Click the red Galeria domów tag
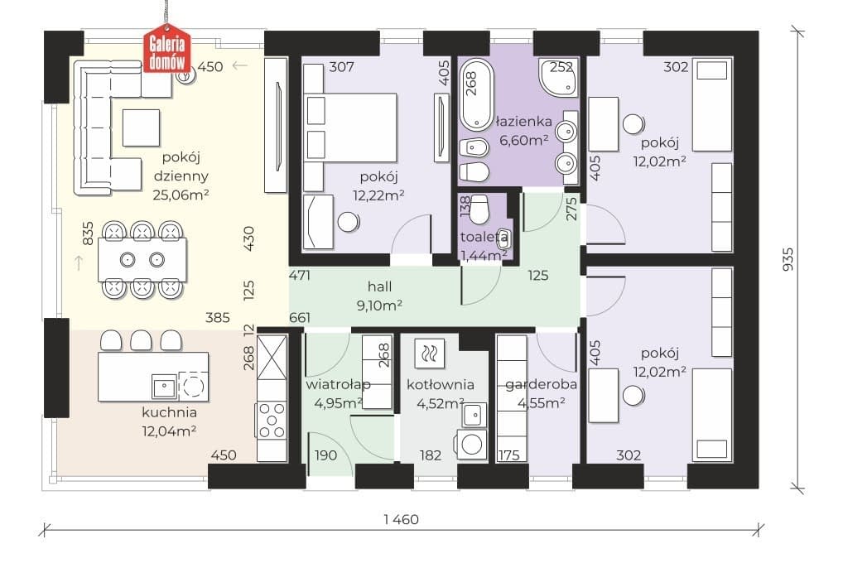[x=167, y=48]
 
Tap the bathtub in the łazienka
[x=476, y=94]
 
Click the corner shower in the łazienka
[x=559, y=77]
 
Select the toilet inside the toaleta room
[x=479, y=209]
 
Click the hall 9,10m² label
[x=379, y=296]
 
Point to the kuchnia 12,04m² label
[x=169, y=421]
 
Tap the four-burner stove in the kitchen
[x=272, y=420]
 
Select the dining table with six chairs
[x=142, y=260]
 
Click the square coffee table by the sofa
[x=141, y=128]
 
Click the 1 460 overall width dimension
[x=401, y=519]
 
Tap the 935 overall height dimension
[x=787, y=259]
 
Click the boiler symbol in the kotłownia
[x=430, y=354]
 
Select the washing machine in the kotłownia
[x=471, y=444]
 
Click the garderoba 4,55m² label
[x=541, y=393]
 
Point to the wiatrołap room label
[x=338, y=384]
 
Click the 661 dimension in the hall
[x=300, y=318]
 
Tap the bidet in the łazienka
[x=474, y=148]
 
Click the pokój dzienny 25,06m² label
[x=181, y=176]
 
